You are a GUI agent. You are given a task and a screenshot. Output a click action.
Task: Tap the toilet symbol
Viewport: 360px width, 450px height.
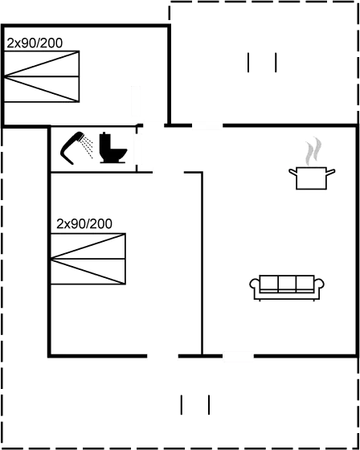(112, 148)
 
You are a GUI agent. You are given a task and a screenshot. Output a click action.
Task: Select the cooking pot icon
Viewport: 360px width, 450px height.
(312, 178)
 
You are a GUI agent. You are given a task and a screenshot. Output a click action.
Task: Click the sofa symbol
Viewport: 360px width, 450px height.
(287, 288)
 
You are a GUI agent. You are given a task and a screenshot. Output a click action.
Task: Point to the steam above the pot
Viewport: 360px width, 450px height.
(313, 151)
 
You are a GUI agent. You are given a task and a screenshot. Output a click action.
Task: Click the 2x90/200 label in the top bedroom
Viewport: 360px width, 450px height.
(35, 43)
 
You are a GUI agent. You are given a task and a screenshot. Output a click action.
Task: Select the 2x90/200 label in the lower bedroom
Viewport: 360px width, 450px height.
(84, 224)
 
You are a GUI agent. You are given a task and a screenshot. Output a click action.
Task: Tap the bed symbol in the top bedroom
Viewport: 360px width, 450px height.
(42, 76)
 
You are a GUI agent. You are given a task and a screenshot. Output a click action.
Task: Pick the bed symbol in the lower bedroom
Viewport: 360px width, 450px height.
(88, 259)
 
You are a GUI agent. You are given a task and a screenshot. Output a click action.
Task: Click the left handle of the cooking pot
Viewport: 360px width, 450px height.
(292, 172)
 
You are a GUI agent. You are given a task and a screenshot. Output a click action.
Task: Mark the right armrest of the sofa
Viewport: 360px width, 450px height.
(319, 284)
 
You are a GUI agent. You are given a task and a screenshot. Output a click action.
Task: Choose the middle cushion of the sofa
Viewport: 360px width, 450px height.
(287, 284)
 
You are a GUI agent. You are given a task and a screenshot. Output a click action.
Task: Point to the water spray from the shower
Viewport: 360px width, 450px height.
(87, 147)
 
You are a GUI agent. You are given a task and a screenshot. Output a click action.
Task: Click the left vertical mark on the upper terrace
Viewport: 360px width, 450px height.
(248, 63)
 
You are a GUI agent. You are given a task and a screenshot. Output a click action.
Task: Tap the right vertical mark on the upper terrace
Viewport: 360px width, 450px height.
(276, 63)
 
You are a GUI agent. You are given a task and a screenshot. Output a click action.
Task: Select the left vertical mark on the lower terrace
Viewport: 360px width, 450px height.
(182, 405)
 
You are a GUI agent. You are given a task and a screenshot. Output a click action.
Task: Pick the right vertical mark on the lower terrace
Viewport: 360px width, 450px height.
(209, 405)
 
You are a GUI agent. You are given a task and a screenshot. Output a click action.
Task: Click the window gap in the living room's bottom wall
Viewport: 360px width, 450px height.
(239, 356)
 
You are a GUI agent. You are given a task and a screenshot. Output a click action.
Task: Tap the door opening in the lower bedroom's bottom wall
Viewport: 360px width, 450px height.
(163, 356)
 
